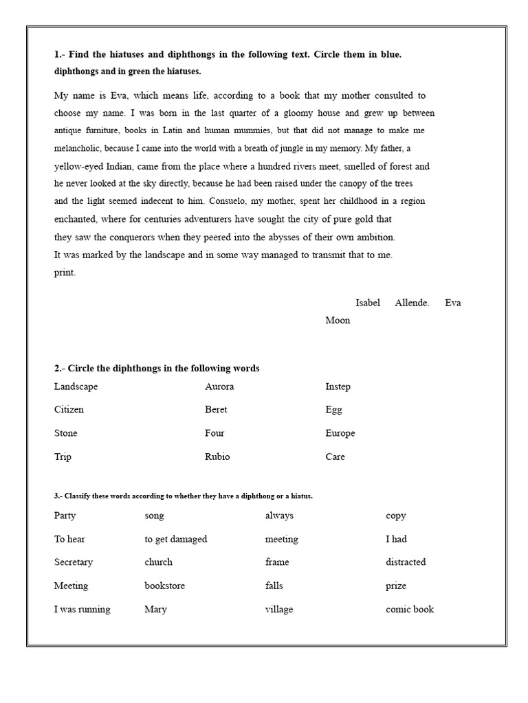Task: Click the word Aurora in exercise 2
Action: point(219,387)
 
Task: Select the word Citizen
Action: point(69,410)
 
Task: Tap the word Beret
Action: point(216,410)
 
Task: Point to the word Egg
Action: point(333,410)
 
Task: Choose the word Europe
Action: point(340,433)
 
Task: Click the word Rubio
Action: point(217,457)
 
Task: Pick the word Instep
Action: point(338,387)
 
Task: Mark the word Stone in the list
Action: point(66,433)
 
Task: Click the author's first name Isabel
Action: point(368,303)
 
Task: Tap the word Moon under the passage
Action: point(338,321)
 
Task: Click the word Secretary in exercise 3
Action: point(74,562)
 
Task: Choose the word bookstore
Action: point(164,586)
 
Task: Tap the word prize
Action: point(396,586)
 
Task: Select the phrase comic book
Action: point(410,609)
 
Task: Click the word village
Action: point(279,610)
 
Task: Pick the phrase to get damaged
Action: point(175,540)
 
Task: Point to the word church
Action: point(158,562)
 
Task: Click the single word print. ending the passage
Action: point(65,273)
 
